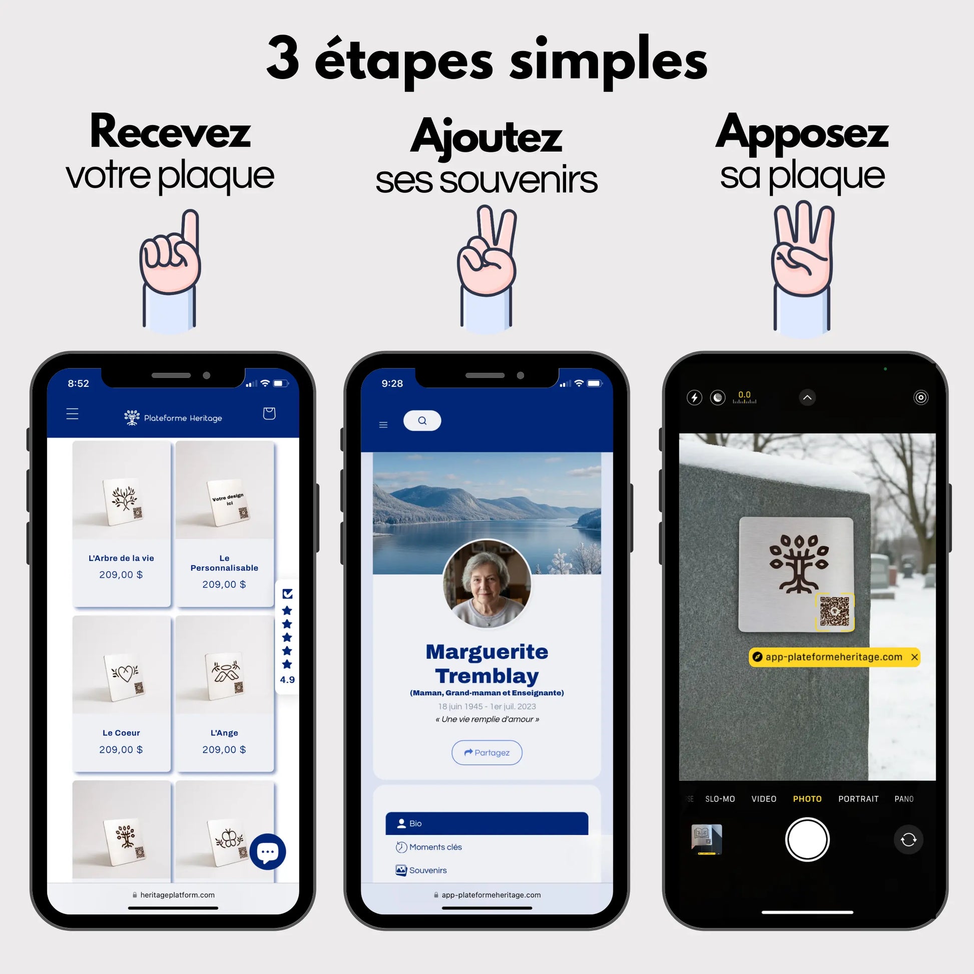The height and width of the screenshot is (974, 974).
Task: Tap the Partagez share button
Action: (486, 752)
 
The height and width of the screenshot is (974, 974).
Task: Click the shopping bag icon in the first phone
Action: (269, 413)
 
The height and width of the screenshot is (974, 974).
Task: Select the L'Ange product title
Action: (224, 733)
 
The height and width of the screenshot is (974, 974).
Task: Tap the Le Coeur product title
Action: (121, 733)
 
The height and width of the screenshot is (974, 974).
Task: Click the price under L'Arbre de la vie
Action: (121, 575)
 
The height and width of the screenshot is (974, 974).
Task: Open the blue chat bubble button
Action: (268, 851)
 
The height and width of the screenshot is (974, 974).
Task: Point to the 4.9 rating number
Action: (287, 680)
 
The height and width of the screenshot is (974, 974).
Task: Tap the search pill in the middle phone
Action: (422, 420)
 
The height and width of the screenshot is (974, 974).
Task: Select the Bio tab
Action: (486, 823)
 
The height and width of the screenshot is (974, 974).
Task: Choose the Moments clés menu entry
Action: (435, 847)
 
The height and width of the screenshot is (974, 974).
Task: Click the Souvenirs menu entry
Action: (427, 870)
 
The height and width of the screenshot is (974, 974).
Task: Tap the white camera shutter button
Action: (807, 839)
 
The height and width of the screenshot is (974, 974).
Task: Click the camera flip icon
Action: (908, 839)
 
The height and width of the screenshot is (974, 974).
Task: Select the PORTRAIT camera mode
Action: (858, 798)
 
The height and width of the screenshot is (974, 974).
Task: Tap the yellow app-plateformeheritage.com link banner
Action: (833, 657)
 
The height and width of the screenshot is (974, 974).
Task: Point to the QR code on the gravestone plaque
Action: (834, 612)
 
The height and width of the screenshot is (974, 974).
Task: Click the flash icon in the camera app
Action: (694, 397)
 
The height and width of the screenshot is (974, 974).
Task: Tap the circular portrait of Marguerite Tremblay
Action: (486, 584)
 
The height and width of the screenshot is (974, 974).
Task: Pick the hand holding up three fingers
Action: (803, 267)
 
